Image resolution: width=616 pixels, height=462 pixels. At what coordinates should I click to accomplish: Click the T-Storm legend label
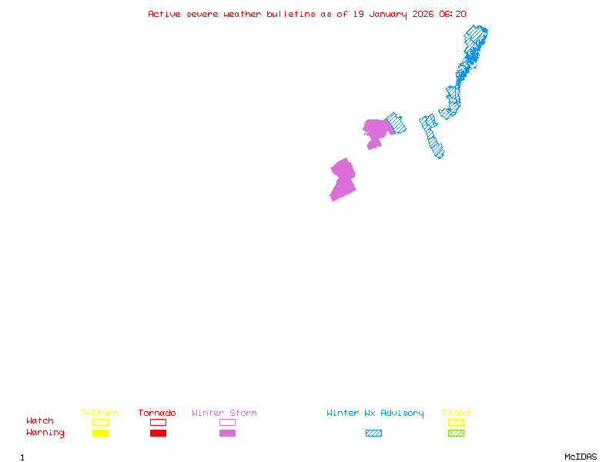(x=99, y=413)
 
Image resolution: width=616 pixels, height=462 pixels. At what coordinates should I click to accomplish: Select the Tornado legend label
(x=157, y=413)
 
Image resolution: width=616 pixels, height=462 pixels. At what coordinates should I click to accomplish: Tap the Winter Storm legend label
(x=224, y=413)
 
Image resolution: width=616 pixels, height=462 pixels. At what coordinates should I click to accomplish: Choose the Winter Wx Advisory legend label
(x=375, y=413)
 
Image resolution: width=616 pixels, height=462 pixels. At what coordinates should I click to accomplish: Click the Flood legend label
(x=456, y=413)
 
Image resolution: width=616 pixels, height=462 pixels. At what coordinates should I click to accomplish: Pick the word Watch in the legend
(x=40, y=421)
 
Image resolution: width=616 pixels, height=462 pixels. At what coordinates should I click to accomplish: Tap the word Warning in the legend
(x=45, y=433)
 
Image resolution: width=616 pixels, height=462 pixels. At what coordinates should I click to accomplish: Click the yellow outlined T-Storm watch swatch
(x=100, y=422)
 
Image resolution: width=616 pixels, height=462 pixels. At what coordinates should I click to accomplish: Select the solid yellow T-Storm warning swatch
(x=100, y=433)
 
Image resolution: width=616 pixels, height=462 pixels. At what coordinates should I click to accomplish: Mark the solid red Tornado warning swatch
(x=158, y=433)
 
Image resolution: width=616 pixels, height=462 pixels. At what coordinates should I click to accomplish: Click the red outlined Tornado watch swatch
(x=158, y=422)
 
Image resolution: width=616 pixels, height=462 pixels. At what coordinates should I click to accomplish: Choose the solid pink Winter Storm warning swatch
(x=227, y=433)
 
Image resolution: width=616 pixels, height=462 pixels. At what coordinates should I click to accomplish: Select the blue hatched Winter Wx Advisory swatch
(x=373, y=433)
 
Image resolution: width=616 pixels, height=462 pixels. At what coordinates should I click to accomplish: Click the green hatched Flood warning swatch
(x=456, y=433)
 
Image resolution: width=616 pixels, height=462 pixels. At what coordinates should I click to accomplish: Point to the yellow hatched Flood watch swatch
(x=456, y=422)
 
